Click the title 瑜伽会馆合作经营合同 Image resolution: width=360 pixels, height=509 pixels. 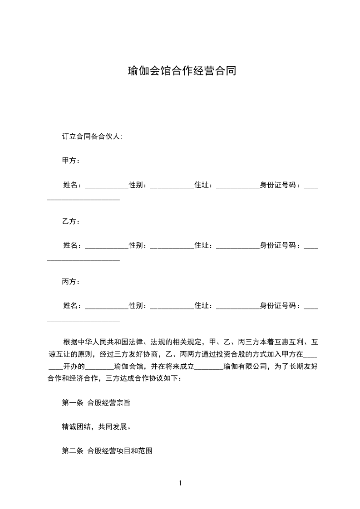182,71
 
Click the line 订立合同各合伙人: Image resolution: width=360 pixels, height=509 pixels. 92,136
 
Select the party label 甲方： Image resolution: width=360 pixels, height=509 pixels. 71,161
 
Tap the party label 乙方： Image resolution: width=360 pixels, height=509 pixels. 71,221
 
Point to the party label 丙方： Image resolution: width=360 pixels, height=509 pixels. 71,282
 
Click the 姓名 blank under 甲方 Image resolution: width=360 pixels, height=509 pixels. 107,186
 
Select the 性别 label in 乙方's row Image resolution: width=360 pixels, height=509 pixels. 137,245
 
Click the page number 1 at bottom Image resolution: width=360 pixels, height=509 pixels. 180,484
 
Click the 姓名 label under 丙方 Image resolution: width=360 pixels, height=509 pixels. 72,306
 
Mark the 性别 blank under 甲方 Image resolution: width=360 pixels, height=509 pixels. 172,186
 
